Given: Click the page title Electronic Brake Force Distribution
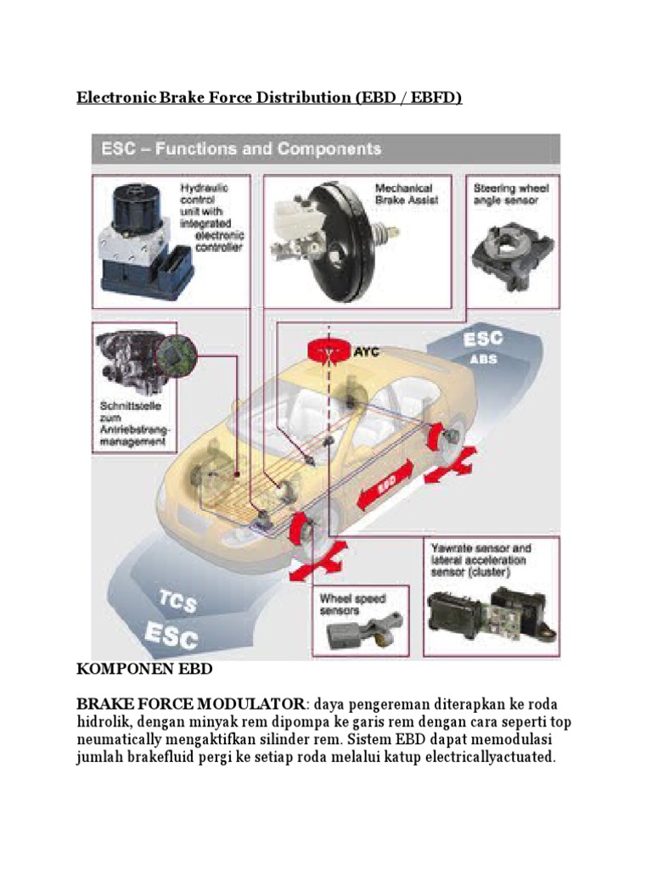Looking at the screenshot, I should pyautogui.click(x=269, y=98).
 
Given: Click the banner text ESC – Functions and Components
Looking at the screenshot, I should pyautogui.click(x=242, y=149).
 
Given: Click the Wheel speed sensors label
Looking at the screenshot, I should pyautogui.click(x=353, y=603).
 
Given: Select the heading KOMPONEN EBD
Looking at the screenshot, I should pyautogui.click(x=144, y=670).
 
